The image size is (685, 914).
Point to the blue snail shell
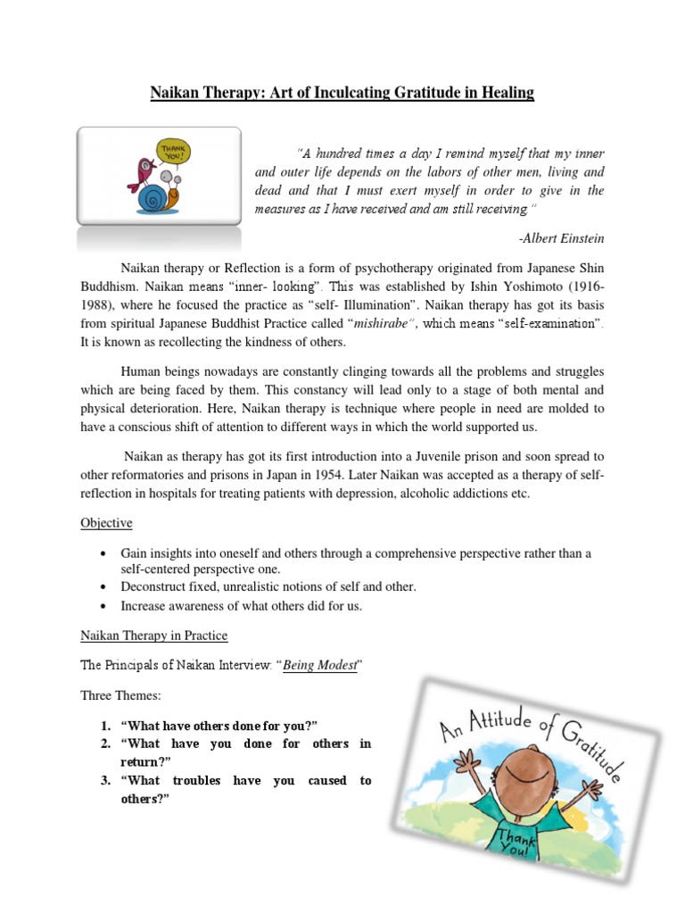pos(153,197)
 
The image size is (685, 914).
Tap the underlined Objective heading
pos(108,523)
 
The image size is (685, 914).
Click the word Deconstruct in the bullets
pos(158,586)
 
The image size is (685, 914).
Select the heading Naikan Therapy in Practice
pos(154,636)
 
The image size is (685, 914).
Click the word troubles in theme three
pos(193,780)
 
